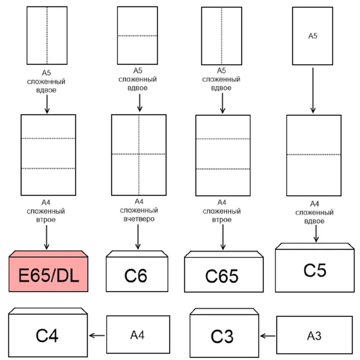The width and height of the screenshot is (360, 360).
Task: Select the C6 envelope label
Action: [x=136, y=275]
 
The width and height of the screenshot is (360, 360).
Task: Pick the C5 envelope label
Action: [x=314, y=270]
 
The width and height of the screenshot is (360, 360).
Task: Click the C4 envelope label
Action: [x=47, y=336]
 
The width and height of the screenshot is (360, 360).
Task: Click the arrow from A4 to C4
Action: [x=97, y=335]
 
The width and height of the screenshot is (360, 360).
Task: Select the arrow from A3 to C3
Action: [x=268, y=335]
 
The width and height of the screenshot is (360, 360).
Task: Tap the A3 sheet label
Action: [x=314, y=336]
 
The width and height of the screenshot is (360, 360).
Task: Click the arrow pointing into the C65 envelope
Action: [x=222, y=238]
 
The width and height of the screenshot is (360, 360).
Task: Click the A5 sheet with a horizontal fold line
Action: [x=137, y=36]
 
